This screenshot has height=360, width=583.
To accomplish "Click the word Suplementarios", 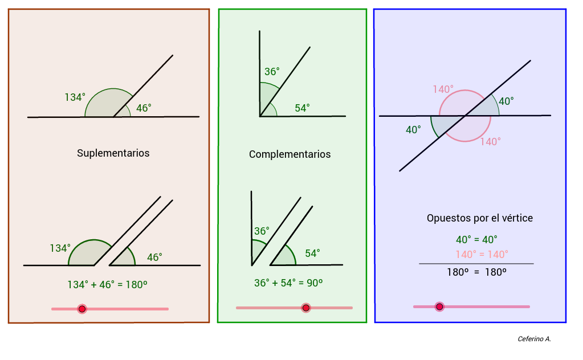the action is point(113,153).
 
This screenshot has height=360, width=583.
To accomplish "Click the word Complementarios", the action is point(290,154).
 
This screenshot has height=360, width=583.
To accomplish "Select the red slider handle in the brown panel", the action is point(82,309).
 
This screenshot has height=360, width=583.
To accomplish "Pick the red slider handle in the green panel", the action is point(306,308).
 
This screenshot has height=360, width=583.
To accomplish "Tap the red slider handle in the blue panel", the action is point(439,306).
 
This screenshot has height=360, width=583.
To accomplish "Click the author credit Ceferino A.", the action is point(535,339).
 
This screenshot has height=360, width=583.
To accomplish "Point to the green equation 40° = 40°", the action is point(476,240).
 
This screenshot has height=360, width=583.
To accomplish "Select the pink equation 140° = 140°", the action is point(482,255).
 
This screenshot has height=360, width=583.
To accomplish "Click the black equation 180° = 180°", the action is point(476,272).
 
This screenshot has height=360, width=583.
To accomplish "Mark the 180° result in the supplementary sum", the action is point(136,285).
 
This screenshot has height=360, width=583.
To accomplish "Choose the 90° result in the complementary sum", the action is point(315,283).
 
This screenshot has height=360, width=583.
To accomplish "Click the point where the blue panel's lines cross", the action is point(465,116).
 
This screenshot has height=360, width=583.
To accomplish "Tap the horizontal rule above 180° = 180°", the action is point(476,263).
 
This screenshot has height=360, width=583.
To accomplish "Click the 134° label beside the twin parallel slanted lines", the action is point(60,248).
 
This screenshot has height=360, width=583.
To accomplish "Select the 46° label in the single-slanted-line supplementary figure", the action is point(144,108).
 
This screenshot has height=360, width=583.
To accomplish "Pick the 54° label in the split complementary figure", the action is point(312,253).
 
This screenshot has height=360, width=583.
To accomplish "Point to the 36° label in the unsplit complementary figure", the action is point(272,71).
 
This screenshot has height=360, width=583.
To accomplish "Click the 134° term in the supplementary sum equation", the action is point(78,285).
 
